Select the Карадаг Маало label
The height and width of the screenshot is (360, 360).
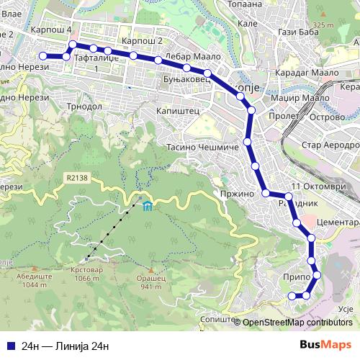click(x=301, y=73)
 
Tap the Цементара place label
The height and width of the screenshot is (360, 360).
click(x=337, y=223)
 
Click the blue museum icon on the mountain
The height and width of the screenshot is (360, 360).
click(x=147, y=207)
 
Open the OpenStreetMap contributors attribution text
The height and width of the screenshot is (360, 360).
click(x=297, y=323)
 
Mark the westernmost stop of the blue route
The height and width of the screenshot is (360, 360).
click(x=43, y=55)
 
